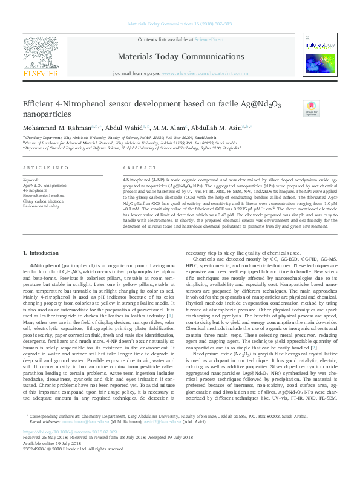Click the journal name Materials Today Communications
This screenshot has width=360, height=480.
pyautogui.click(x=179, y=57)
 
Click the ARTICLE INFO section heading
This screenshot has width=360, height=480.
pyautogui.click(x=45, y=167)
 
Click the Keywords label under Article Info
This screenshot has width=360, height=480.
pyautogui.click(x=31, y=180)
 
